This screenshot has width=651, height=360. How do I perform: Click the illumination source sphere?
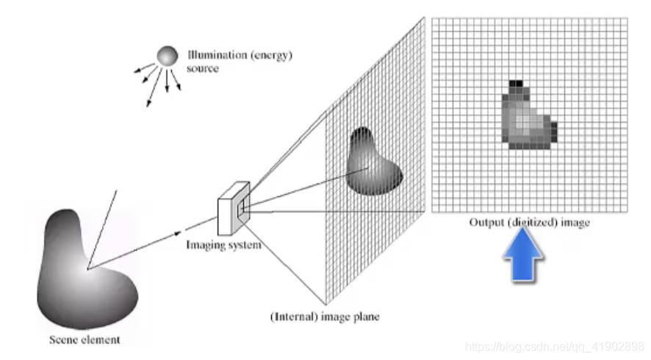(x=167, y=56)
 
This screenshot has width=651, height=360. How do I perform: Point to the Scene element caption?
(x=84, y=339)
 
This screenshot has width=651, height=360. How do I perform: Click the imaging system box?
(x=234, y=208)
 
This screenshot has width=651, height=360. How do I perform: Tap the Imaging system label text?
(x=223, y=244)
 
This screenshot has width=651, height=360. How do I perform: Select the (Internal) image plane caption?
(x=324, y=317)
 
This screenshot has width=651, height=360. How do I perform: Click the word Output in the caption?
(x=486, y=222)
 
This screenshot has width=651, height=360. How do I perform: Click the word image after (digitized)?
(x=575, y=222)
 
